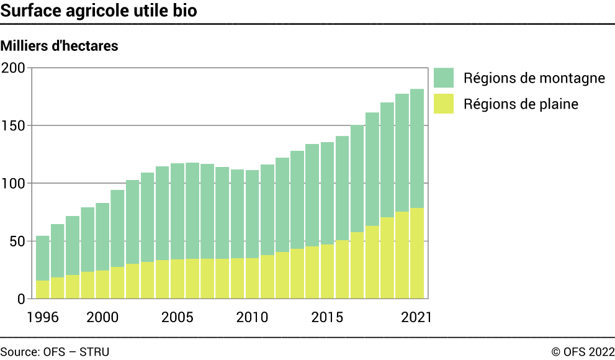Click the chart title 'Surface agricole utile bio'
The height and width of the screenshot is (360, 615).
pos(99,11)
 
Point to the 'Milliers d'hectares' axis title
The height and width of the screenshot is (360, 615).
pos(60,46)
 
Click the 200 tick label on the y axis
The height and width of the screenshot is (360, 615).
pos(13,68)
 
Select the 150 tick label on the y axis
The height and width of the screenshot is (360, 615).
pos(13,125)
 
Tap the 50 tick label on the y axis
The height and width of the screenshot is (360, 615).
pos(17,241)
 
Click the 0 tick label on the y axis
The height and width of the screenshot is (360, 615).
pos(21,299)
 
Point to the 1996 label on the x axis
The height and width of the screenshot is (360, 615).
pos(42,317)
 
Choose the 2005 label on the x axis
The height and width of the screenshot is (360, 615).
pos(177,317)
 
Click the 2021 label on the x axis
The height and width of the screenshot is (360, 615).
pos(416,317)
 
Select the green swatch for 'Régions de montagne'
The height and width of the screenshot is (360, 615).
pos(444,78)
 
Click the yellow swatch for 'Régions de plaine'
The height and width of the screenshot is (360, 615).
pos(444,104)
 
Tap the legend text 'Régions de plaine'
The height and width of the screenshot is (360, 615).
pos(521,104)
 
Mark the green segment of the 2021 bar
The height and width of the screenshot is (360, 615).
pos(417,148)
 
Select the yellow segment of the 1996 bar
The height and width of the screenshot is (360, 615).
pos(43,290)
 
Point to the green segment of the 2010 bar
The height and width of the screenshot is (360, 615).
pos(253,214)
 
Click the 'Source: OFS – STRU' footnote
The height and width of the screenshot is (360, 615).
pos(55,352)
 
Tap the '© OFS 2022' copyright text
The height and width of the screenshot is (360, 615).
pos(583,352)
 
